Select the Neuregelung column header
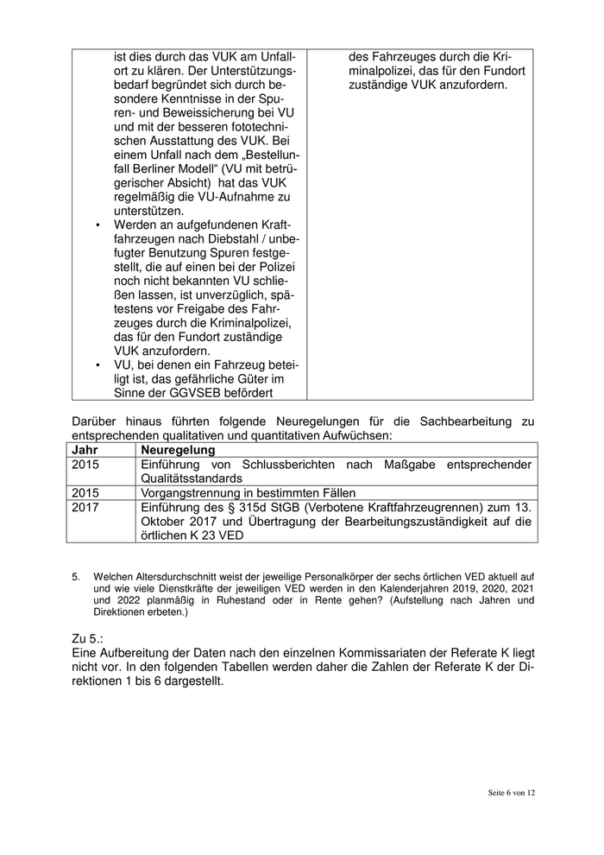click(178, 450)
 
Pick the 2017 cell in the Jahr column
click(85, 507)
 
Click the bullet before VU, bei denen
click(98, 364)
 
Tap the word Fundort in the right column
click(499, 70)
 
